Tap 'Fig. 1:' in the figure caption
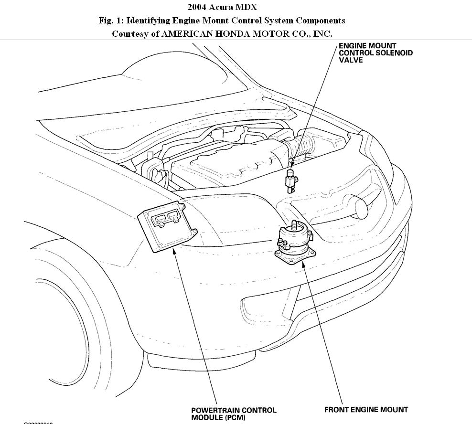(111, 21)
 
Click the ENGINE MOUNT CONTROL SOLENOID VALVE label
(375, 53)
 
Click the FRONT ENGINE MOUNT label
(366, 410)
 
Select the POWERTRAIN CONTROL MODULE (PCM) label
(233, 413)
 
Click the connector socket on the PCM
(164, 219)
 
